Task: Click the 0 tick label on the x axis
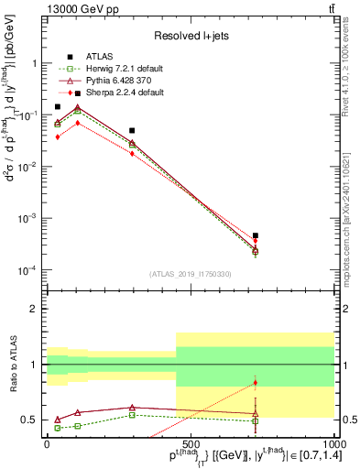tap(47, 443)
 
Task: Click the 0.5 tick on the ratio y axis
tap(30, 420)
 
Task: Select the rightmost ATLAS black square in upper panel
tap(256, 235)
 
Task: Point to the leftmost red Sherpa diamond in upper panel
tap(58, 136)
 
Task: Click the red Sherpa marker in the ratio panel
tap(256, 383)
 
